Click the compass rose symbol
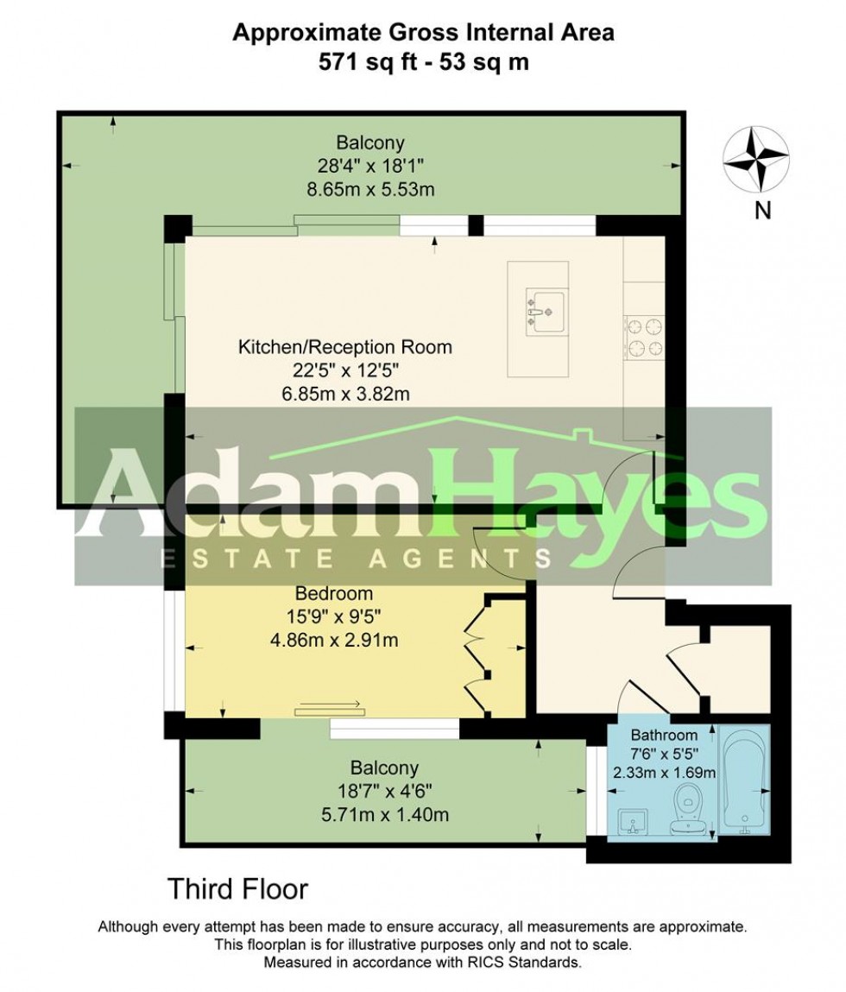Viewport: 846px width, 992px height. (756, 159)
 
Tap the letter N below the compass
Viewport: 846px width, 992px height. (763, 210)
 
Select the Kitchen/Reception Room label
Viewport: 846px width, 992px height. (344, 347)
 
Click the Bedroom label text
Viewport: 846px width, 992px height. (333, 593)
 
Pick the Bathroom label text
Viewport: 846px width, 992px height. (664, 735)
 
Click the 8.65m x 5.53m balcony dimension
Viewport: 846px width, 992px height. (371, 189)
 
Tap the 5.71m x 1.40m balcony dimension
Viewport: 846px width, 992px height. (385, 814)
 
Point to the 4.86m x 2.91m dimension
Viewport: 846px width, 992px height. (334, 641)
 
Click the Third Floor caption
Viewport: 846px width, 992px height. (237, 889)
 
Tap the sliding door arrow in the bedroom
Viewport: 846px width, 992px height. (331, 705)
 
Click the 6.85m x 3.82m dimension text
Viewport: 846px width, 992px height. (345, 395)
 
